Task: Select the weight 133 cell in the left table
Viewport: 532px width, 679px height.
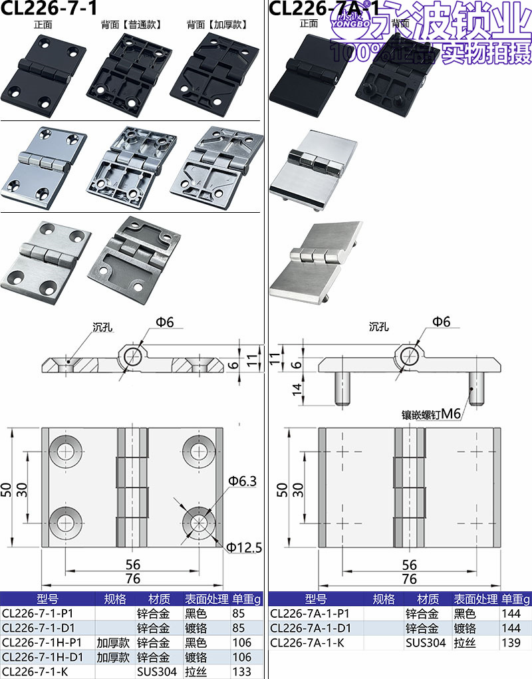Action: [x=242, y=672]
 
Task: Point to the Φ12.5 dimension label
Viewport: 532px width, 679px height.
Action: [x=244, y=548]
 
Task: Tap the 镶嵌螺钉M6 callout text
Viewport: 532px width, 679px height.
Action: [x=430, y=414]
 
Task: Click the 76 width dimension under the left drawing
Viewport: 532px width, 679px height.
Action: [x=133, y=579]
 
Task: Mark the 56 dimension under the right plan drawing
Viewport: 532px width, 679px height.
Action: [x=410, y=565]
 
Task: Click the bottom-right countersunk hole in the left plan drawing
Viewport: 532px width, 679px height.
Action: [x=198, y=521]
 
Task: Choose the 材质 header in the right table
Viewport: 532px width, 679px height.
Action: [x=428, y=599]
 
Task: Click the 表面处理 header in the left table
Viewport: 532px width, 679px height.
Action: [x=206, y=599]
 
